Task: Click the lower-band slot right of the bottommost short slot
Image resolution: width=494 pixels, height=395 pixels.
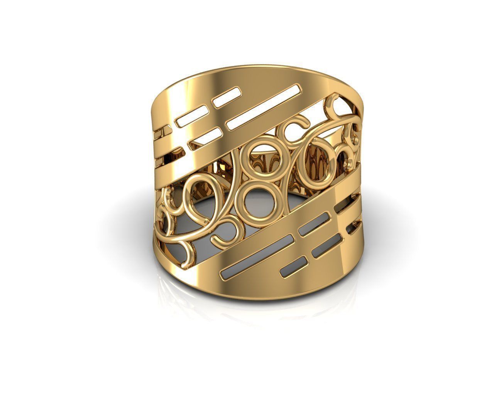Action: point(324,251)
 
